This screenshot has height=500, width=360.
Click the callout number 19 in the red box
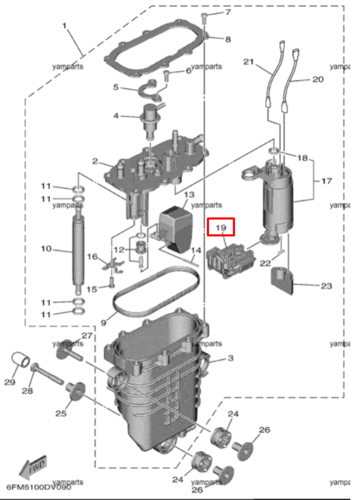[221, 228]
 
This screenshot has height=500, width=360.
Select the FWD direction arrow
[33, 467]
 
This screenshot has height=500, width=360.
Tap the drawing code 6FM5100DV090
[39, 487]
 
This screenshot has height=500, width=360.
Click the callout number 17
[326, 181]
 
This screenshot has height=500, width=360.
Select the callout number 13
[189, 195]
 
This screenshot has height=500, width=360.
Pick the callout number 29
[10, 382]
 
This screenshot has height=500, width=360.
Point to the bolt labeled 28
[47, 374]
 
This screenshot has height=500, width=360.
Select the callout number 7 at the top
[228, 12]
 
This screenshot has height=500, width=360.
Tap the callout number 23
[326, 286]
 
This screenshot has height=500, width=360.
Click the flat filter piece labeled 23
[282, 279]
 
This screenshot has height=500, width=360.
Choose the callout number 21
[248, 62]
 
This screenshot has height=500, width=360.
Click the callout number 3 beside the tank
[230, 358]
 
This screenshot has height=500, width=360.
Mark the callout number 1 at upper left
[64, 26]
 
